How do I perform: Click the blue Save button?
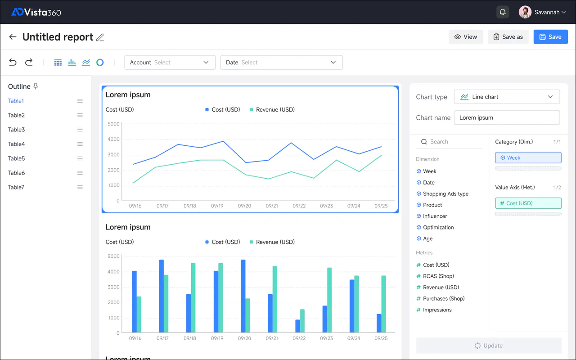[550, 37]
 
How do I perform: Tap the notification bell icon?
[503, 12]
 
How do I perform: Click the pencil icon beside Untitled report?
[100, 37]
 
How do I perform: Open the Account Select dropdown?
[170, 63]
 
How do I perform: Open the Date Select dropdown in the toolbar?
[281, 63]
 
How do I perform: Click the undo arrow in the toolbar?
[13, 62]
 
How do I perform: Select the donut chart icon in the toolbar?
[100, 62]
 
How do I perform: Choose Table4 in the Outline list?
[17, 144]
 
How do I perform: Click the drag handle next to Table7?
[80, 187]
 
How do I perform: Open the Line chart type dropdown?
[507, 97]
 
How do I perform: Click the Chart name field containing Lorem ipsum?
[507, 118]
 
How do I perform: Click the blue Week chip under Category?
[528, 157]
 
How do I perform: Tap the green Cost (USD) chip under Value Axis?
[528, 203]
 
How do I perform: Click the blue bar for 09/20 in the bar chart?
[243, 296]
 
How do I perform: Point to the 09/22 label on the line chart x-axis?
[299, 206]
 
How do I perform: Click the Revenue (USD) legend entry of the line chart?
[272, 109]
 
